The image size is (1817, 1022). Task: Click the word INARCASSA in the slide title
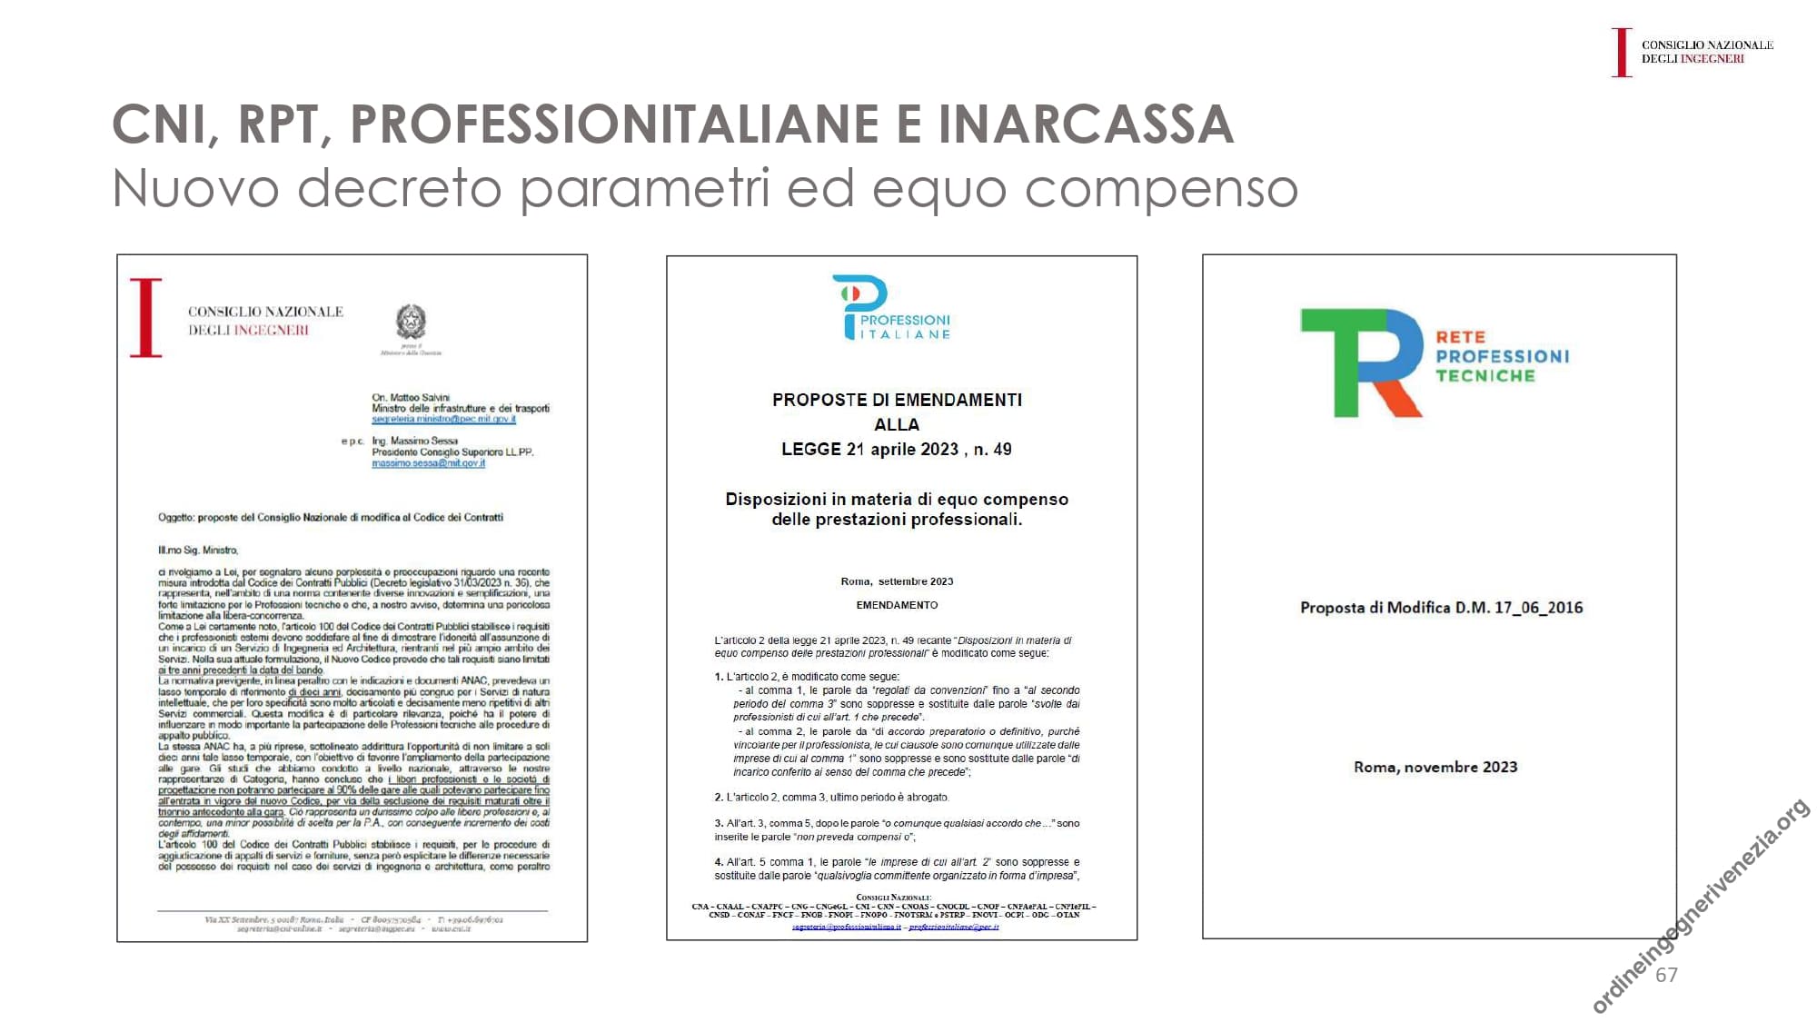tap(1086, 124)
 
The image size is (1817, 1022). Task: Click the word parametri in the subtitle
tap(643, 189)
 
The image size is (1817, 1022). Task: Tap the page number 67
tap(1666, 976)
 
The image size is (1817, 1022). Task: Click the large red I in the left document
tap(145, 318)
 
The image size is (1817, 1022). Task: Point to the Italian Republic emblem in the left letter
tap(411, 322)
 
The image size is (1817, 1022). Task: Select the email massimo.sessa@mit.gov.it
tap(428, 463)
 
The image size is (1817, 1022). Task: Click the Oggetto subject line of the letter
tap(331, 518)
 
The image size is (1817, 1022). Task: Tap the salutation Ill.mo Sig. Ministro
tap(198, 551)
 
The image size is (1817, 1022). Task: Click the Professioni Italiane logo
tap(891, 308)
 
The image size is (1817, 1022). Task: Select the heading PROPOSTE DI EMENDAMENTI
tap(897, 400)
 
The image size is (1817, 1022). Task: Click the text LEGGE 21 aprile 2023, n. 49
tap(897, 450)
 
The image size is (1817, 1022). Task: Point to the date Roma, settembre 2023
tap(897, 581)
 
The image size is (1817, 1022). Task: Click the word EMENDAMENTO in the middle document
tap(897, 605)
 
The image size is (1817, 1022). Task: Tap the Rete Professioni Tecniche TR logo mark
tap(1361, 362)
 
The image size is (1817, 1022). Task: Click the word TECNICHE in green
tap(1485, 376)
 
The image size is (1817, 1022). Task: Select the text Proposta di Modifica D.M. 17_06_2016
tap(1441, 608)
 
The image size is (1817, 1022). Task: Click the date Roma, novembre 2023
tap(1435, 768)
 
